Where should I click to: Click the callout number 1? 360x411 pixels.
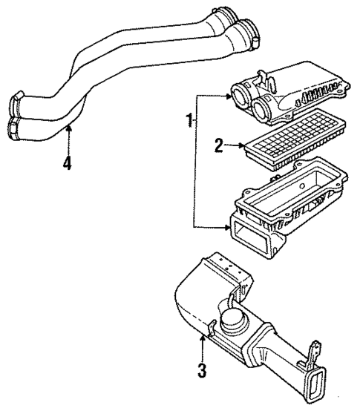[190, 119]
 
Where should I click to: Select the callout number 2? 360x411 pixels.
[219, 145]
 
